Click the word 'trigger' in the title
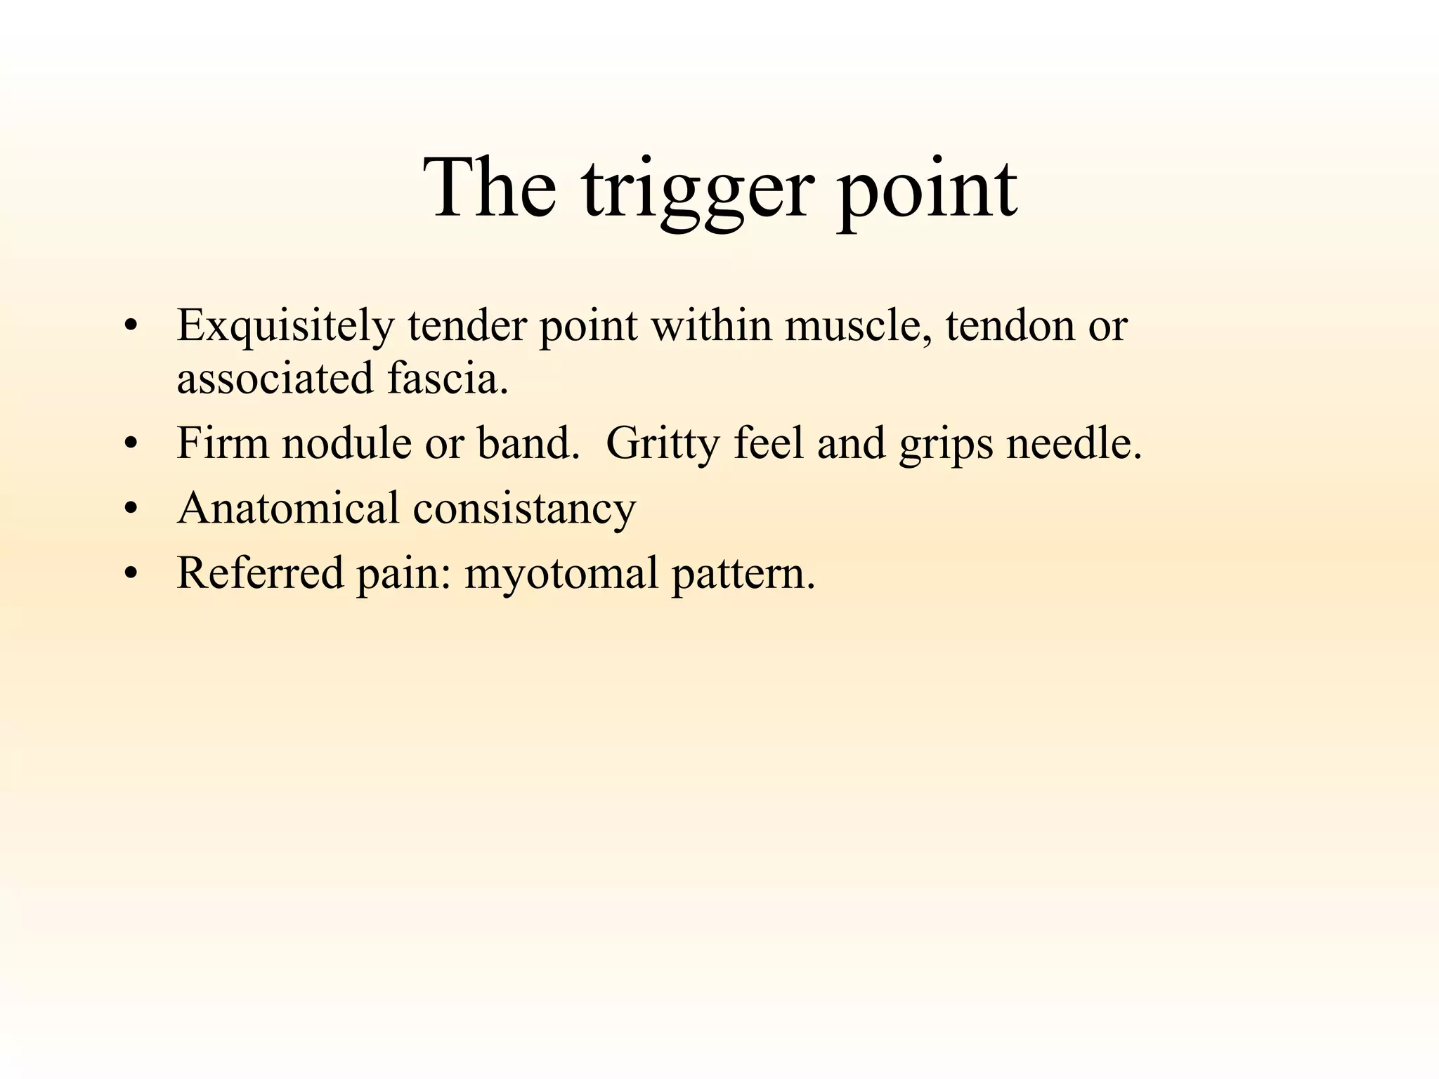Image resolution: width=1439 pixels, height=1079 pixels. pos(698,190)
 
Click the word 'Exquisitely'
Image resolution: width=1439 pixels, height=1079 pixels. pos(285,327)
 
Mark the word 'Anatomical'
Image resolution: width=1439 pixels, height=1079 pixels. pos(288,508)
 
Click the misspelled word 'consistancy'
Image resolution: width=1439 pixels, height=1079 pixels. pos(524,509)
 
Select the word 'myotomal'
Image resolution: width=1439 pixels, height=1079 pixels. pos(561,574)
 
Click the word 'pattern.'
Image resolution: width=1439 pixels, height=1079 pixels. pos(743,574)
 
